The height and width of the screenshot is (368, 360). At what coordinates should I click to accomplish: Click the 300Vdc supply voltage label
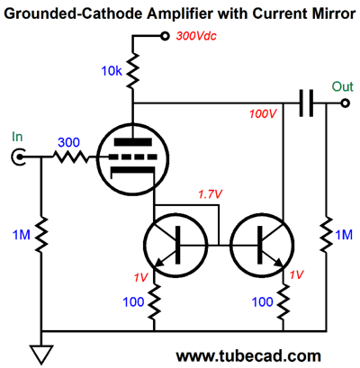pyautogui.click(x=196, y=36)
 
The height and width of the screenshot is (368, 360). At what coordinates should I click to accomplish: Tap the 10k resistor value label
pyautogui.click(x=112, y=71)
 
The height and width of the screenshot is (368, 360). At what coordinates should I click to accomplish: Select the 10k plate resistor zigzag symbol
pyautogui.click(x=133, y=71)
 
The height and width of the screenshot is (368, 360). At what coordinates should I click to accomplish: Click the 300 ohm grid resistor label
pyautogui.click(x=68, y=142)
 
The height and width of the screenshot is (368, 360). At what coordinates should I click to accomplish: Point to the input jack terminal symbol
pyautogui.click(x=18, y=157)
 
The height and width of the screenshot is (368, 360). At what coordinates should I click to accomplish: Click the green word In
pyautogui.click(x=17, y=137)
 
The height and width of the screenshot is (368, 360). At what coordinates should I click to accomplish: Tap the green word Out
pyautogui.click(x=342, y=86)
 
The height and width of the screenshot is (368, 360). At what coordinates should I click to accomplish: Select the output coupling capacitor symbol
pyautogui.click(x=306, y=103)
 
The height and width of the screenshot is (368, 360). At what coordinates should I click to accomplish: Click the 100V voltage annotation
pyautogui.click(x=263, y=114)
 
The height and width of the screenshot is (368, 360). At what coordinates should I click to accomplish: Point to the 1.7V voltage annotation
pyautogui.click(x=210, y=194)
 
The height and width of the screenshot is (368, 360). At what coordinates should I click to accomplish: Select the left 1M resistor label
pyautogui.click(x=22, y=235)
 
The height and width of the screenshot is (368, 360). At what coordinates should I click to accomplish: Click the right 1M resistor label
pyautogui.click(x=344, y=235)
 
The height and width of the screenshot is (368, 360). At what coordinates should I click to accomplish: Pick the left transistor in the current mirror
pyautogui.click(x=175, y=246)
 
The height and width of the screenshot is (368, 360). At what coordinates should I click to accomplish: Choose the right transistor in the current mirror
pyautogui.click(x=262, y=246)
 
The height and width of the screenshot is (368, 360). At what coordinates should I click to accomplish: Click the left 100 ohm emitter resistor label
pyautogui.click(x=133, y=302)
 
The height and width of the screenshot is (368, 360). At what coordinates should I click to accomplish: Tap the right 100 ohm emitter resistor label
pyautogui.click(x=263, y=302)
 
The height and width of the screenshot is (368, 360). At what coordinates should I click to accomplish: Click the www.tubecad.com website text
pyautogui.click(x=248, y=356)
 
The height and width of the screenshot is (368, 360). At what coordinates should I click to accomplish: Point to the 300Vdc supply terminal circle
pyautogui.click(x=165, y=36)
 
